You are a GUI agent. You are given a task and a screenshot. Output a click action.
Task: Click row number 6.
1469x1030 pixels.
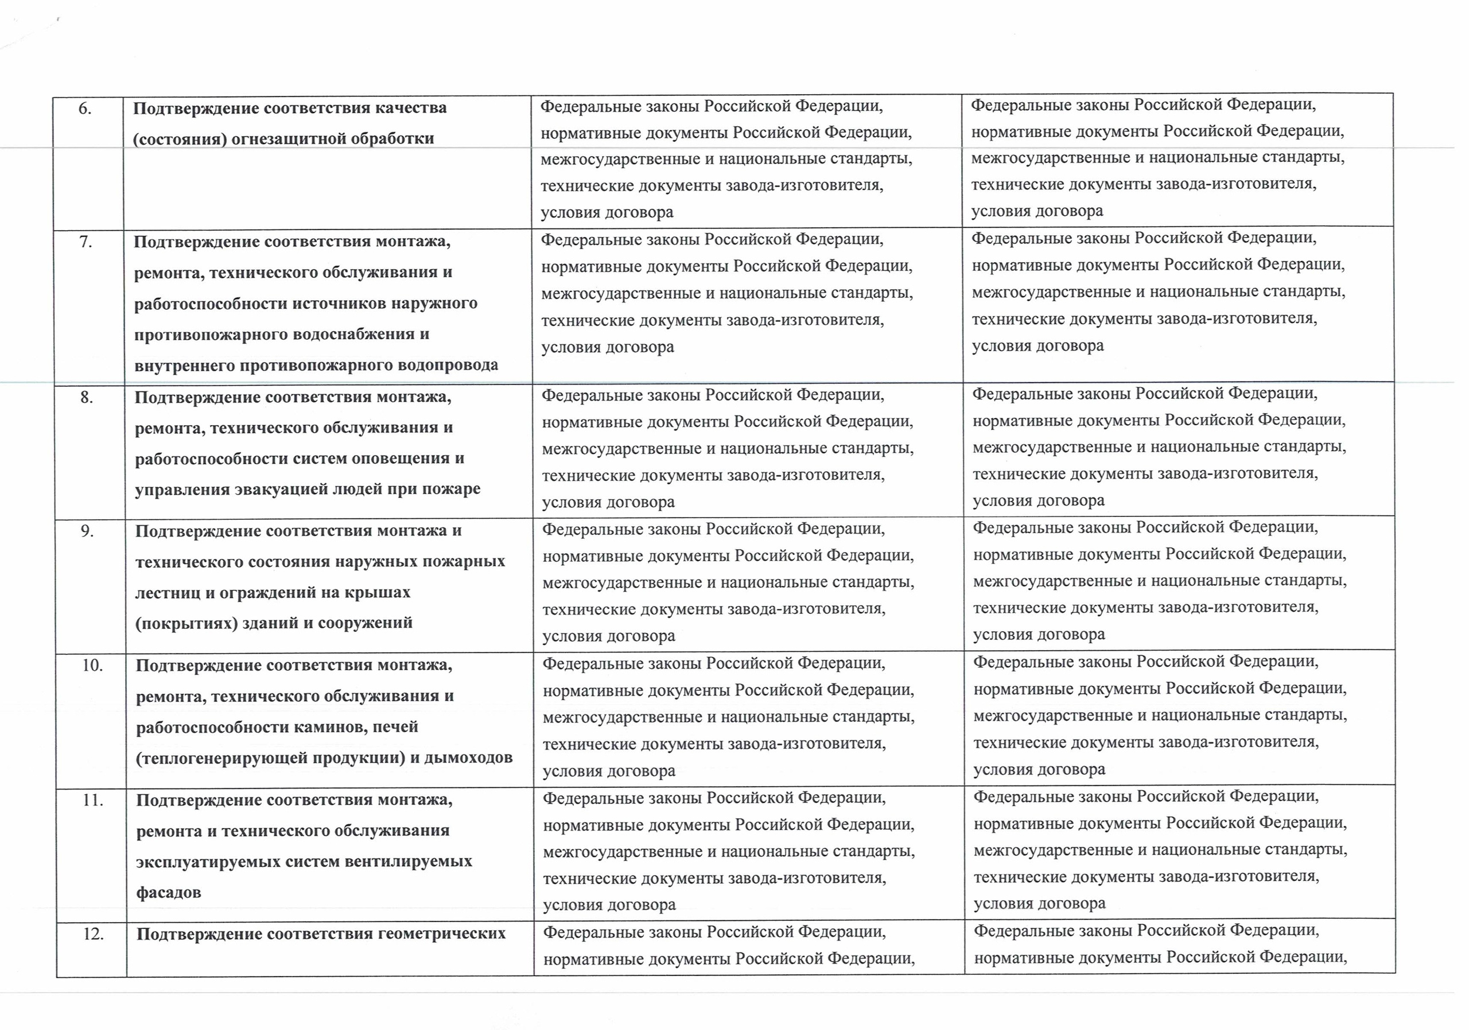[85, 110]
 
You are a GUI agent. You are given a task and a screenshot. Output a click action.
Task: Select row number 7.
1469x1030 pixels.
[86, 243]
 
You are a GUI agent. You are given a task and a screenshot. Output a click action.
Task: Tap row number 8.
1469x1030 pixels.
[87, 398]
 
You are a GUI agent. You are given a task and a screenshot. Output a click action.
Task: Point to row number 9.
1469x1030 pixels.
[87, 531]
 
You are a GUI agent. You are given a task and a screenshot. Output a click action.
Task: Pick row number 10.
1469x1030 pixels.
[92, 666]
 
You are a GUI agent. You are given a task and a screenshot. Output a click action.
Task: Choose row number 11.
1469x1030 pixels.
[93, 800]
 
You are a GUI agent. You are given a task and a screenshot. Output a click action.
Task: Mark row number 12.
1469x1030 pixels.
[94, 935]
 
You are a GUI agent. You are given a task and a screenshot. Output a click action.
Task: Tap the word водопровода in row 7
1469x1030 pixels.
[448, 366]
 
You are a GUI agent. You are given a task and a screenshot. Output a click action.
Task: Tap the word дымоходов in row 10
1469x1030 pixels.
[468, 758]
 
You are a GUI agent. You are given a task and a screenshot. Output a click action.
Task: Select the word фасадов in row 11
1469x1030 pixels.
[168, 892]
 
